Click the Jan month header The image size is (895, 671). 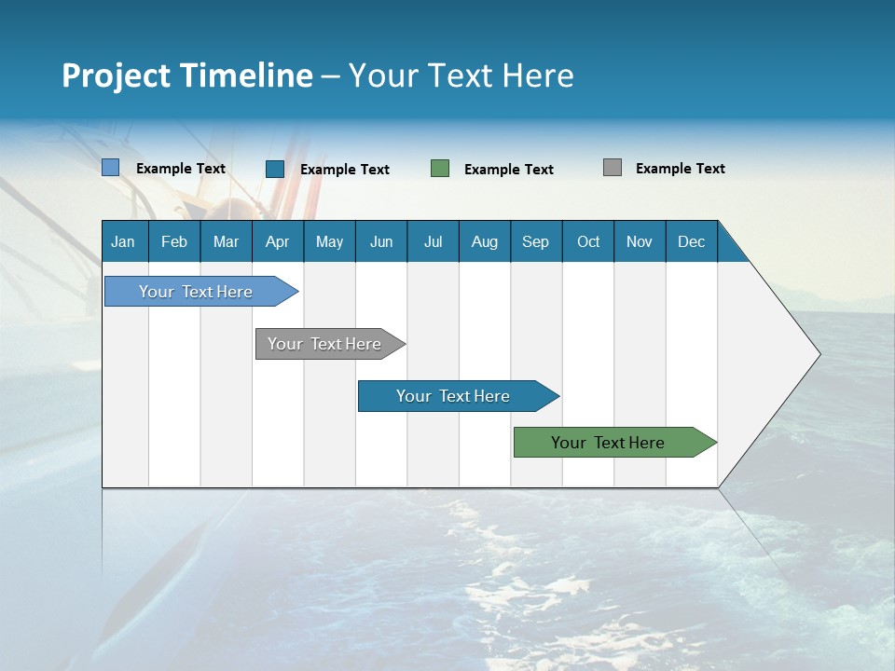[x=124, y=241]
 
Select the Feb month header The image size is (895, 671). [x=174, y=241]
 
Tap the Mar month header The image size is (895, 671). [x=226, y=241]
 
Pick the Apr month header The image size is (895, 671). [x=278, y=241]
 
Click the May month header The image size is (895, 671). [x=329, y=241]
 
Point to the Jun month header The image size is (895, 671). [x=381, y=241]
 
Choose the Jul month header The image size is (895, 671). [x=433, y=241]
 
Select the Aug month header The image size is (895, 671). [x=485, y=241]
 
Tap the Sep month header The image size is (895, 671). [x=536, y=241]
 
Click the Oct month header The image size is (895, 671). [x=588, y=241]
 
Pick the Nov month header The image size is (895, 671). [x=640, y=241]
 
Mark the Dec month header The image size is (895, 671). [x=692, y=241]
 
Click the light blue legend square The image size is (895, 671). [x=111, y=168]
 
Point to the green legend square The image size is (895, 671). [x=440, y=169]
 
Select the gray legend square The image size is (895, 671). [x=613, y=168]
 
